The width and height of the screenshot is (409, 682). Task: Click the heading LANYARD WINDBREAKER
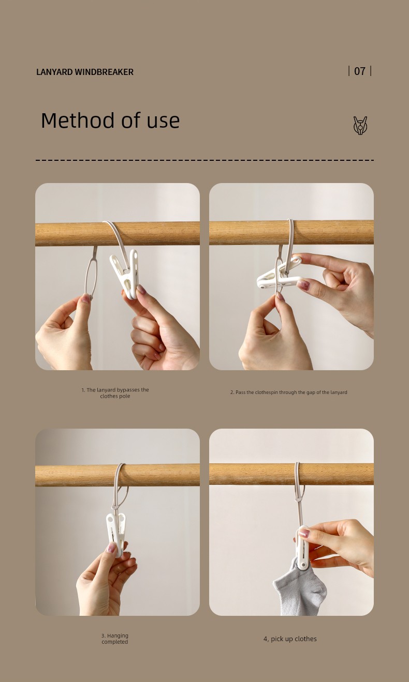click(x=85, y=72)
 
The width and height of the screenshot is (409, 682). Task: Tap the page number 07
click(x=360, y=71)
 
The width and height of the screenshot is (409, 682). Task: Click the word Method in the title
click(x=79, y=120)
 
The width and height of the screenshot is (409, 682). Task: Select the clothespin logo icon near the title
click(x=360, y=126)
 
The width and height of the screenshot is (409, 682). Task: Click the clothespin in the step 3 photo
click(x=116, y=534)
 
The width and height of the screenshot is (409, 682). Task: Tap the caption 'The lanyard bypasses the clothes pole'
click(x=115, y=393)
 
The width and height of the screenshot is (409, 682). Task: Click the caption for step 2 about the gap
click(x=288, y=392)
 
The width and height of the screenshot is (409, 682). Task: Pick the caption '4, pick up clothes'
click(x=290, y=639)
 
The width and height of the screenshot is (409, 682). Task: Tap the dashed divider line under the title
click(x=205, y=160)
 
